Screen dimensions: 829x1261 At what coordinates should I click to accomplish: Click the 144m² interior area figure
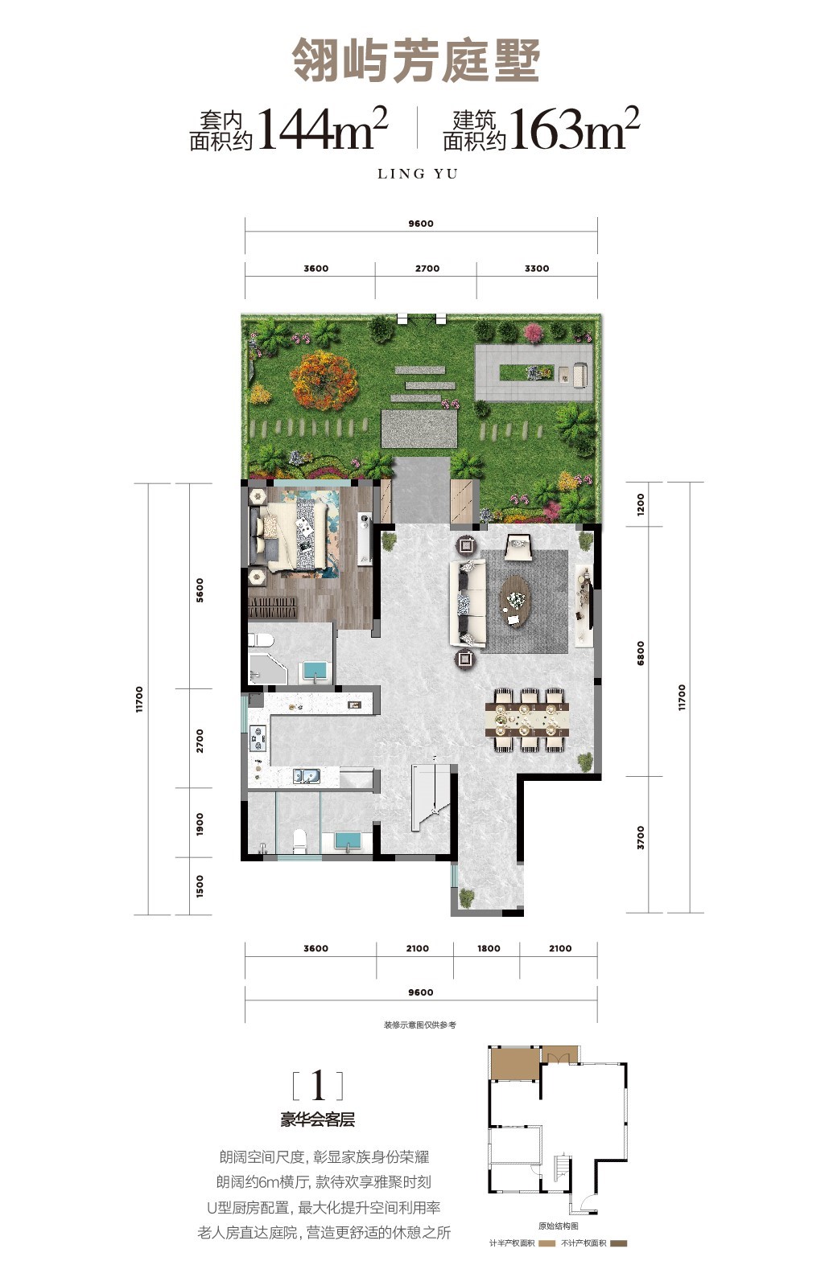[x=323, y=129]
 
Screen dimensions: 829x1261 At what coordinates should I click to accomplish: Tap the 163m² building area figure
[x=575, y=129]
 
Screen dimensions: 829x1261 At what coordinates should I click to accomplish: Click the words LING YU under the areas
[x=418, y=174]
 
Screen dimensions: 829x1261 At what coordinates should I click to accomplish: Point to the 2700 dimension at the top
[x=427, y=269]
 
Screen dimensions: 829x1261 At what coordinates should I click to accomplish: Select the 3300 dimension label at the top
[x=537, y=269]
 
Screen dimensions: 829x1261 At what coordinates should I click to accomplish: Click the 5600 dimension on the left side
[x=200, y=590]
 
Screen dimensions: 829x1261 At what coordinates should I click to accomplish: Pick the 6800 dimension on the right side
[x=640, y=653]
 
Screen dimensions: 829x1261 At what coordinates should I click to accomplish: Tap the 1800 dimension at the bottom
[x=489, y=949]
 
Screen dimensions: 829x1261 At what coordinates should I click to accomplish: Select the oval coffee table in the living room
[x=516, y=600]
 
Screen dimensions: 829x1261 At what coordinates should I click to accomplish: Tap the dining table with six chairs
[x=527, y=720]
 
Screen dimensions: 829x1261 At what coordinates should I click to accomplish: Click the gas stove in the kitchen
[x=258, y=738]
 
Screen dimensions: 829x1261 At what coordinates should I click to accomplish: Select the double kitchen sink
[x=307, y=777]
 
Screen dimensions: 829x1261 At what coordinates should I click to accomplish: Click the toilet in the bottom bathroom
[x=299, y=840]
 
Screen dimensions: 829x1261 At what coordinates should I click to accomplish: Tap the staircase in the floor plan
[x=433, y=795]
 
